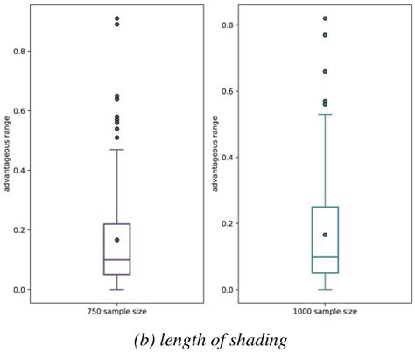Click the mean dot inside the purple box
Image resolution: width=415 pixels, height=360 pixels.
[x=116, y=240]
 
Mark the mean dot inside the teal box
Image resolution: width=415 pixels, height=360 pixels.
[x=325, y=235]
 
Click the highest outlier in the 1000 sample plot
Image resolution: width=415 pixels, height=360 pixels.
[x=325, y=18]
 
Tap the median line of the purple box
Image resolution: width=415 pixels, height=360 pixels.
[x=116, y=259]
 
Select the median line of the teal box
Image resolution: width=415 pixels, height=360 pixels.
[x=325, y=257]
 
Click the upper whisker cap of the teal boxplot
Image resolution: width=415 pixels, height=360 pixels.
[x=325, y=114]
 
